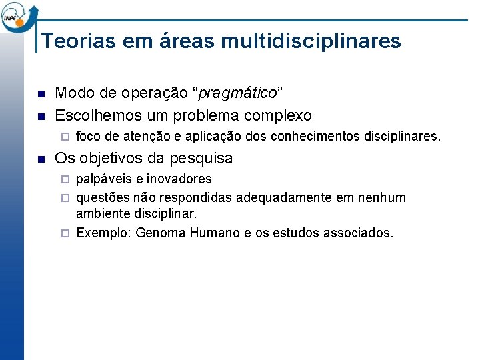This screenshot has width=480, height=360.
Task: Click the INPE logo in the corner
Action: pyautogui.click(x=19, y=16)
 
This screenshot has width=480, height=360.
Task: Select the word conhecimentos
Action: pyautogui.click(x=314, y=137)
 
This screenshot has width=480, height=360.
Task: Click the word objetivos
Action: pyautogui.click(x=111, y=159)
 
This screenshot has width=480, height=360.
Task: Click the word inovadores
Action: pyautogui.click(x=180, y=179)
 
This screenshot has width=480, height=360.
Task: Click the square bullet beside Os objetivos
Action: pyautogui.click(x=41, y=159)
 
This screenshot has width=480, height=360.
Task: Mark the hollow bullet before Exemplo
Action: pyautogui.click(x=65, y=233)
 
